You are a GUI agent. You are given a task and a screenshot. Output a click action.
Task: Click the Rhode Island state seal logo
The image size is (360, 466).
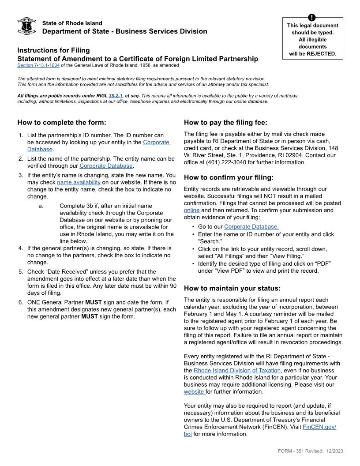pos(26,26)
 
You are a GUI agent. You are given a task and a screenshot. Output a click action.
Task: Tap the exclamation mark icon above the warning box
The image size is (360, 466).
pos(312,18)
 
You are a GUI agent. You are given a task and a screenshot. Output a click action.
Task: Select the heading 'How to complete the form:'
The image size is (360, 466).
pos(62,122)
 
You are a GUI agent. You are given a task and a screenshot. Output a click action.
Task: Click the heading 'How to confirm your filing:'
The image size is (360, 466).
pos(229,177)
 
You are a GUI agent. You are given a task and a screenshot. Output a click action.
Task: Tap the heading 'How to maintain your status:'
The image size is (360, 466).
pos(232,288)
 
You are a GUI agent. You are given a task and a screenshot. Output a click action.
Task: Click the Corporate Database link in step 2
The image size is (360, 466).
pos(106,166)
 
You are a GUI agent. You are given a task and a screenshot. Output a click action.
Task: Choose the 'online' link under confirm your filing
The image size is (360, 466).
pos(191,210)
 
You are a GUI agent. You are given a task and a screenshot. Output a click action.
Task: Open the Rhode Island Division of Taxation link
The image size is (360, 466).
pos(237,370)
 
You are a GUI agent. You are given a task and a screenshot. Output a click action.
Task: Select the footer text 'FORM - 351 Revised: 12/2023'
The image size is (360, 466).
pos(311,451)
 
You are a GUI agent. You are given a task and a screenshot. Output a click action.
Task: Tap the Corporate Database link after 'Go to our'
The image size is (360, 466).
pos(251,227)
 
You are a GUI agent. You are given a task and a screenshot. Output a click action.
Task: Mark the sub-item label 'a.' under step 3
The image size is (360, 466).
pos(41,206)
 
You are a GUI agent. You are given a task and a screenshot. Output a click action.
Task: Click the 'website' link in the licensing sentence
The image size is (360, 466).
pos(194,391)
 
